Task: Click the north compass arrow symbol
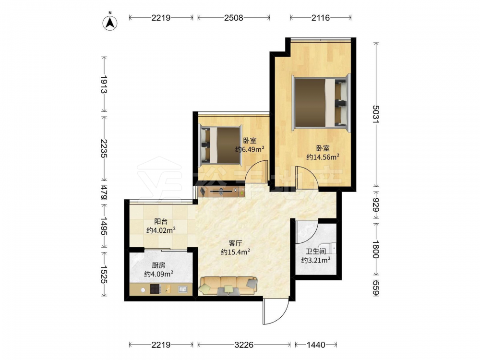click(x=110, y=22)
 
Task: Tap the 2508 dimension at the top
click(x=234, y=18)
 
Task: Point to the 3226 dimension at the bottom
click(x=244, y=345)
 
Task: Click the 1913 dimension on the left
click(x=104, y=84)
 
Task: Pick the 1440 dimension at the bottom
click(x=316, y=345)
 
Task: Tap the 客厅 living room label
click(x=235, y=243)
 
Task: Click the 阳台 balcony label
click(x=161, y=221)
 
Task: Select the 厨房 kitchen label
click(x=158, y=265)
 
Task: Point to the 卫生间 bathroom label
click(x=316, y=252)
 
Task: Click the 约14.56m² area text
click(x=323, y=157)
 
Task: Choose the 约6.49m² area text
click(x=250, y=149)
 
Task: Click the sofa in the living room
click(x=228, y=286)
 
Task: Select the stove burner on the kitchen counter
click(x=155, y=289)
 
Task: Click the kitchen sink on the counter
click(x=183, y=289)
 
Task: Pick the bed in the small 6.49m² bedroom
click(x=220, y=145)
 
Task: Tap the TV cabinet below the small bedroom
click(x=222, y=192)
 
